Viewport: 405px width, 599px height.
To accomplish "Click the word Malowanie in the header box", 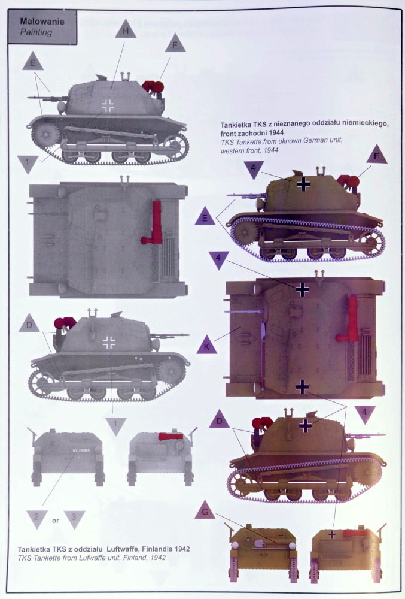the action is (x=42, y=22).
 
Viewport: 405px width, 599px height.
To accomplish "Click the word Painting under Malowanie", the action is (x=36, y=32).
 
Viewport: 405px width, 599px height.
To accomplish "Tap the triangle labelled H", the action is (x=126, y=29).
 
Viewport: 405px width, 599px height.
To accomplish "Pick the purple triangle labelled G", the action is (x=205, y=510).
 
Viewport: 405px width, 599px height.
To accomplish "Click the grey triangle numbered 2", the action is (x=36, y=518).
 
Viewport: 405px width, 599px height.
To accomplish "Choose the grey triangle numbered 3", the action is (x=74, y=518).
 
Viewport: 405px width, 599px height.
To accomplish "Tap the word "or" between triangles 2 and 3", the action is (x=56, y=521).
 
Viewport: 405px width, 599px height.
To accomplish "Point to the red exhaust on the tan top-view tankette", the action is (x=349, y=320).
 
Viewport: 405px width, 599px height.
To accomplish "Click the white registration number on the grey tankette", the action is (x=81, y=450).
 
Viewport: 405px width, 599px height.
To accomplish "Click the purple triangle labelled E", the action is (x=205, y=217).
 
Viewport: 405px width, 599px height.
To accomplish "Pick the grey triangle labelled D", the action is (x=29, y=324).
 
